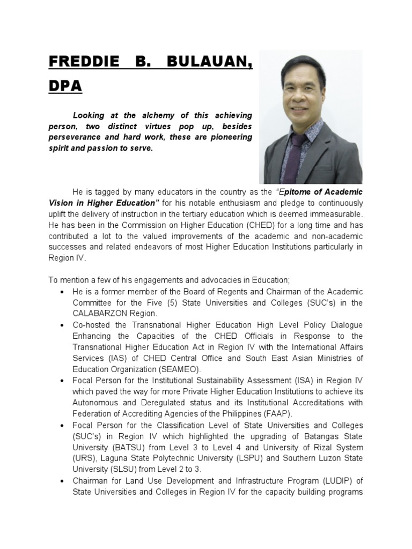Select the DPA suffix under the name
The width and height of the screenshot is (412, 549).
pyautogui.click(x=65, y=86)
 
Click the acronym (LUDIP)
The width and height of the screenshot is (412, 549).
pyautogui.click(x=339, y=481)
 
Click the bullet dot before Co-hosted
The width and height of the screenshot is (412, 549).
pyautogui.click(x=63, y=325)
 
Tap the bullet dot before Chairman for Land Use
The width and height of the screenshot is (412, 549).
pyautogui.click(x=63, y=481)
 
